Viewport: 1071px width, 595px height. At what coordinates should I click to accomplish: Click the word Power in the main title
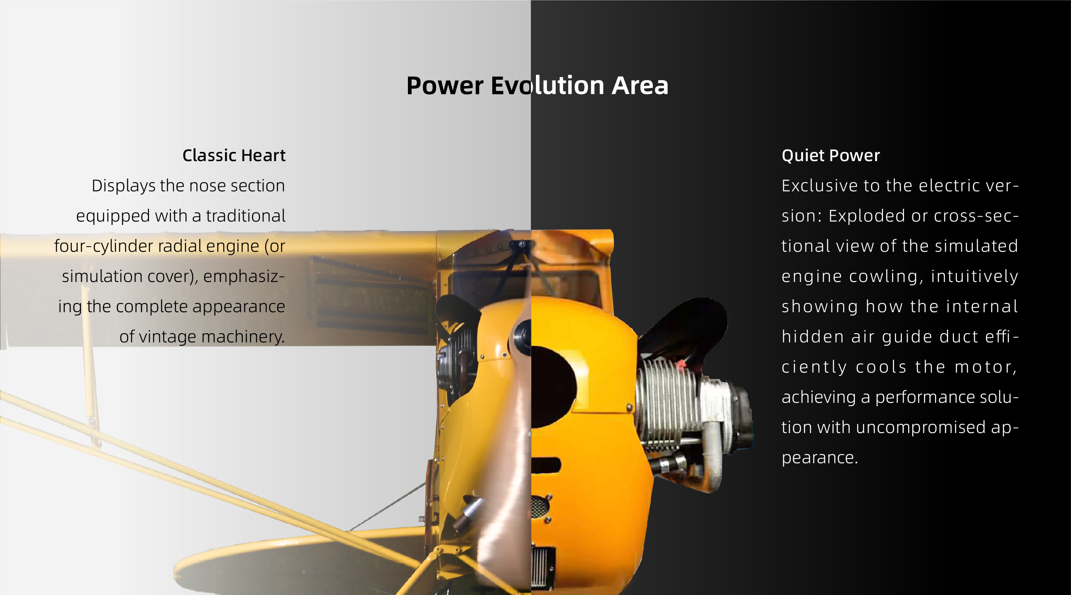point(445,86)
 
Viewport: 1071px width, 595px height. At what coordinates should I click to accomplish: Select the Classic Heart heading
point(234,155)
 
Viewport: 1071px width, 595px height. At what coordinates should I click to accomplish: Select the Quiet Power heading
point(831,156)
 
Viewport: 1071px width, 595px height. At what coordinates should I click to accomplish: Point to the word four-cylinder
point(104,246)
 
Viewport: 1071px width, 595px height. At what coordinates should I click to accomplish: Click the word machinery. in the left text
point(243,337)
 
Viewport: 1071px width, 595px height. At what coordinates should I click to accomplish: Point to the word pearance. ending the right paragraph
point(820,458)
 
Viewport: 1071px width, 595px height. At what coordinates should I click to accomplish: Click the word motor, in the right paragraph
point(986,367)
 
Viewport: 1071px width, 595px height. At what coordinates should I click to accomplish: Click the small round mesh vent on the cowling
point(540,506)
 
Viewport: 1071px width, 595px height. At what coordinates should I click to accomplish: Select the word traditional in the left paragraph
point(246,216)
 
